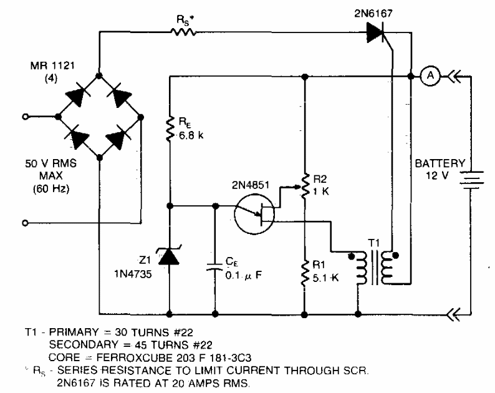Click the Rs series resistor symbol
[183, 32]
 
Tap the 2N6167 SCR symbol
[377, 32]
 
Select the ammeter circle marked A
[430, 76]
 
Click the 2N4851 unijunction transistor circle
[254, 214]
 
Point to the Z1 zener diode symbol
[169, 256]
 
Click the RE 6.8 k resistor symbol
[170, 129]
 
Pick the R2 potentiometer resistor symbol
[305, 187]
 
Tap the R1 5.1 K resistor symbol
[305, 274]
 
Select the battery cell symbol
[471, 180]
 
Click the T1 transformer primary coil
[362, 268]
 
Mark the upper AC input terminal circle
[26, 117]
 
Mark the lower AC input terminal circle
[26, 223]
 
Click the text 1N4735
[133, 274]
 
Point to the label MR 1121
[52, 65]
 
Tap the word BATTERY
[440, 163]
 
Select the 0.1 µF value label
[243, 276]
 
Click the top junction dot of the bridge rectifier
[99, 76]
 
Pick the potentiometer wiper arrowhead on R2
[297, 187]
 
